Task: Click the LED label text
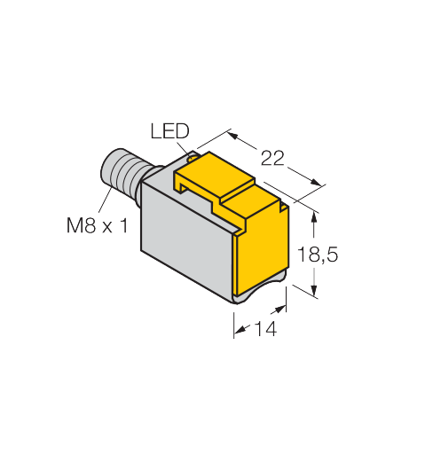coord(169,131)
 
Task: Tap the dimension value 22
coord(272,158)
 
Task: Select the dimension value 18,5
coord(317,255)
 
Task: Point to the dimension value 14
coord(265,328)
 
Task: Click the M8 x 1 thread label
coord(98,225)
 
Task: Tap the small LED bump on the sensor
coord(193,157)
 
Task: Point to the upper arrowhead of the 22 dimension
coord(232,136)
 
